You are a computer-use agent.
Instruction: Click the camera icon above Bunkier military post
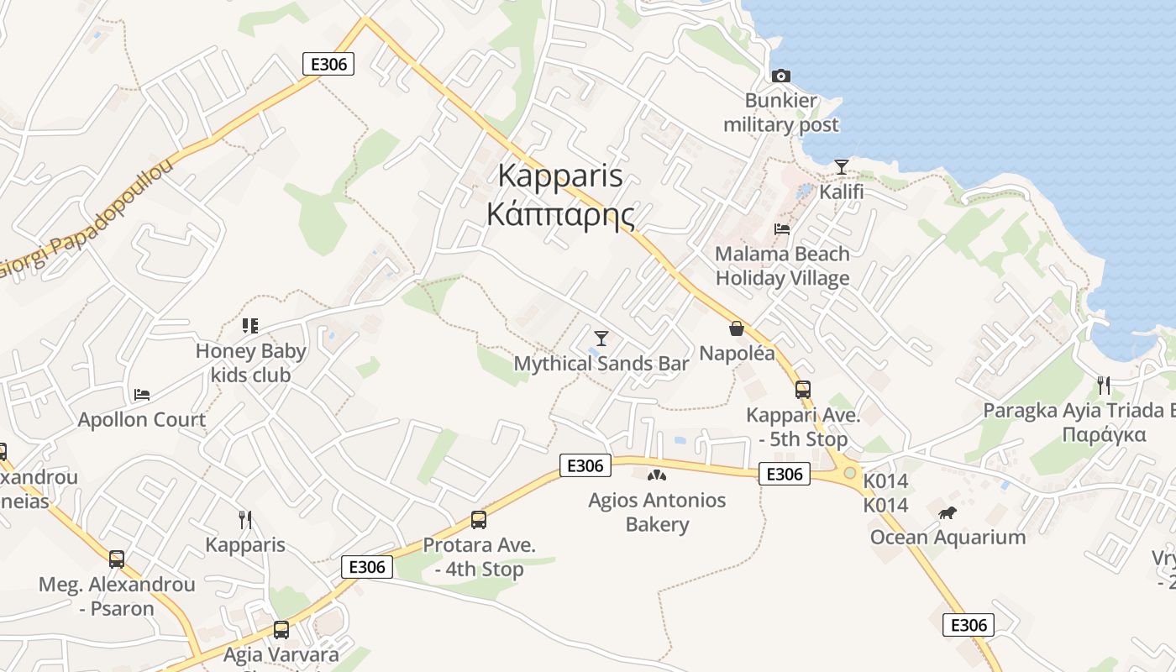[781, 76]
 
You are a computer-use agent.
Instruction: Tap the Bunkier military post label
[781, 113]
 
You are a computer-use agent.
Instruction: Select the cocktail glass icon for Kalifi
[841, 167]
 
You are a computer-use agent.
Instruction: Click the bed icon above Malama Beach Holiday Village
[782, 228]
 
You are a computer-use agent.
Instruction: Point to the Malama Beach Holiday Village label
[782, 265]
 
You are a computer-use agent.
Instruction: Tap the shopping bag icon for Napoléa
[737, 328]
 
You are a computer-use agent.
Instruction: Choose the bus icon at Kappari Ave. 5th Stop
[803, 390]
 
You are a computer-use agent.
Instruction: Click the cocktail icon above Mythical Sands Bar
[601, 339]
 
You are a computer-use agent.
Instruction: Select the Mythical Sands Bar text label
[601, 364]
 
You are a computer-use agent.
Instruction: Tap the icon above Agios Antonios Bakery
[657, 475]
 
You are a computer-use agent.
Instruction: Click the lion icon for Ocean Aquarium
[948, 512]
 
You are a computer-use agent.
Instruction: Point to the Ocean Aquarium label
[948, 538]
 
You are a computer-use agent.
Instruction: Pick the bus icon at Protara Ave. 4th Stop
[479, 520]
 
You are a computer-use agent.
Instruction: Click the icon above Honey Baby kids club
[249, 325]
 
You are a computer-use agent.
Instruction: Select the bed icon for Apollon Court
[142, 394]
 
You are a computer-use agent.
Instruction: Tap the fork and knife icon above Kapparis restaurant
[245, 520]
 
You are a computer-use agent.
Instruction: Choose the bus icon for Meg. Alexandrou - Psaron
[117, 559]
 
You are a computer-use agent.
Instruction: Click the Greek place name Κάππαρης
[559, 215]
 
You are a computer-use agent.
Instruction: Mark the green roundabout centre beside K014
[850, 474]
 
